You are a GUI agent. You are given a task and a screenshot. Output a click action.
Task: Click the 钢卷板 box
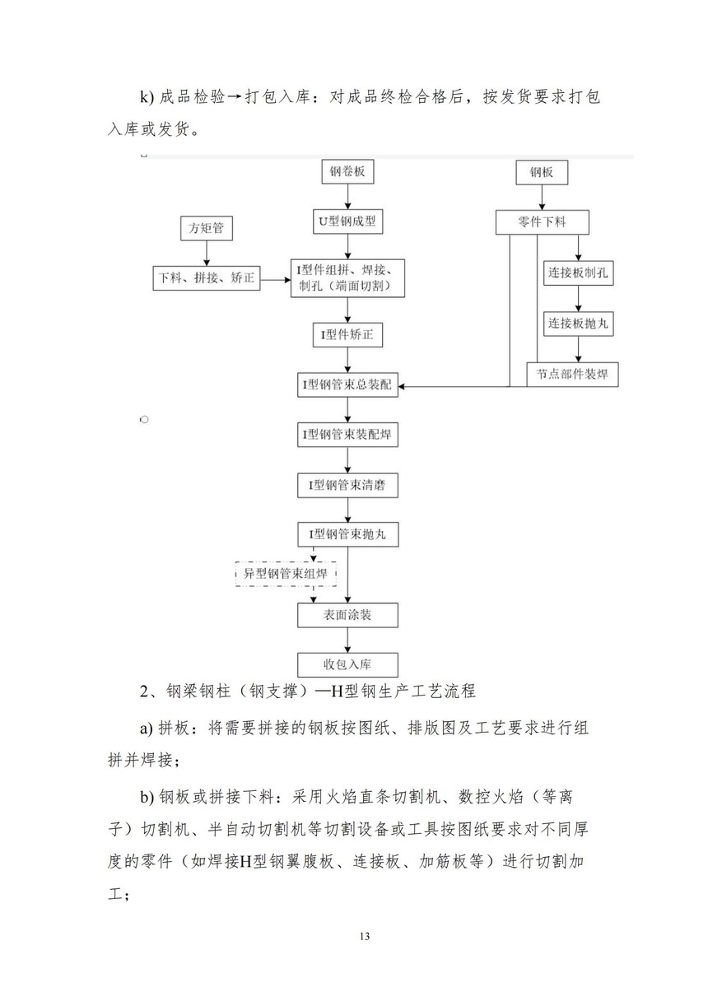347,174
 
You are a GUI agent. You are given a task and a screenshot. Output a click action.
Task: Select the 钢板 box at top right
541,174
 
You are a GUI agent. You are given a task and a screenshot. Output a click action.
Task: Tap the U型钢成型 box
347,221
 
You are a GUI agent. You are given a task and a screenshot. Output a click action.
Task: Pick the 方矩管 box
206,229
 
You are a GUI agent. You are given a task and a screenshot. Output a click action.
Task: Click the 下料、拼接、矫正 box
206,278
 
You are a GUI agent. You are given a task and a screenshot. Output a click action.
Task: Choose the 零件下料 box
541,222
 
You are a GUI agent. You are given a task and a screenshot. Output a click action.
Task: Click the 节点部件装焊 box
572,374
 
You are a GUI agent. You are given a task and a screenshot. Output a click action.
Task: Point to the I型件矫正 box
347,335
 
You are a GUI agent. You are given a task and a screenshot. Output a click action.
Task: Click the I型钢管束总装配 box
347,384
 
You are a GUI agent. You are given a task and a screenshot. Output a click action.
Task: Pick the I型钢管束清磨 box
347,486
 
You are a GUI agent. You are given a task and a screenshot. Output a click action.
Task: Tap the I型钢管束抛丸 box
347,534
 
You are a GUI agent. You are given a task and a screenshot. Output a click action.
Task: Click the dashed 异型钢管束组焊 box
286,574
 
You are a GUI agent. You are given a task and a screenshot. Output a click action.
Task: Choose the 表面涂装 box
347,615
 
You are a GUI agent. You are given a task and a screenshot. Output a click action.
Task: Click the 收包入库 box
347,664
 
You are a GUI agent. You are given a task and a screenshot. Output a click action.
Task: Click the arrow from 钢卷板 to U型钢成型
347,198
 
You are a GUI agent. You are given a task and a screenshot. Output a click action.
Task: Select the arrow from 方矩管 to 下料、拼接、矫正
206,254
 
